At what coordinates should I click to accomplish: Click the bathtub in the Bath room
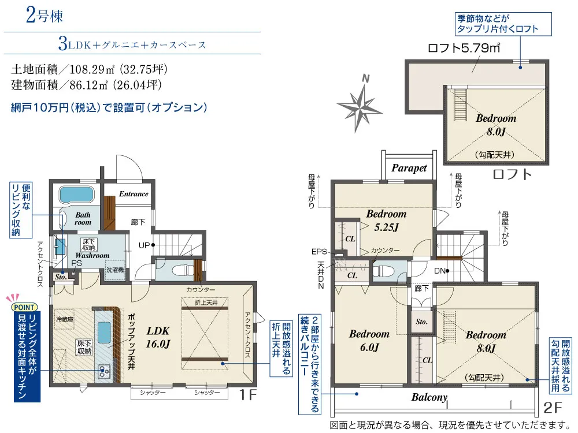click(x=77, y=195)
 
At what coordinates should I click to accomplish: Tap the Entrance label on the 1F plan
click(x=134, y=194)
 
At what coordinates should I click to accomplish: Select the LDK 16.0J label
click(x=158, y=337)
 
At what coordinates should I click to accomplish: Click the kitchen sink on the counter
click(x=104, y=333)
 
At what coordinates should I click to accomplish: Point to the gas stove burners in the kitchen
click(x=104, y=371)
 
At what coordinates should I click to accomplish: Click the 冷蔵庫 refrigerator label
click(x=65, y=320)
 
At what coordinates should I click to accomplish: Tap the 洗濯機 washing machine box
click(x=115, y=270)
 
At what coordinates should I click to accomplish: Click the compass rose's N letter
click(x=365, y=78)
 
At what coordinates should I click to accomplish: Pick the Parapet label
click(x=409, y=168)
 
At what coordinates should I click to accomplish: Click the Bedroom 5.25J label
click(x=386, y=221)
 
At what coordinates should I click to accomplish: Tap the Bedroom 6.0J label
click(x=369, y=341)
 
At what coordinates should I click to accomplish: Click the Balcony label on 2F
click(x=429, y=397)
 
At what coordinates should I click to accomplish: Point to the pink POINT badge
click(x=25, y=307)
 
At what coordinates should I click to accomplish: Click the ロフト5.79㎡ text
click(x=464, y=48)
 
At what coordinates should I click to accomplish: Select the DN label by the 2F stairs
click(x=440, y=271)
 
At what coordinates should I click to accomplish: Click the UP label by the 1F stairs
click(x=144, y=245)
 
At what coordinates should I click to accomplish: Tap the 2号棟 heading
click(x=45, y=16)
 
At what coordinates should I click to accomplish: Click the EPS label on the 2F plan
click(x=319, y=252)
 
